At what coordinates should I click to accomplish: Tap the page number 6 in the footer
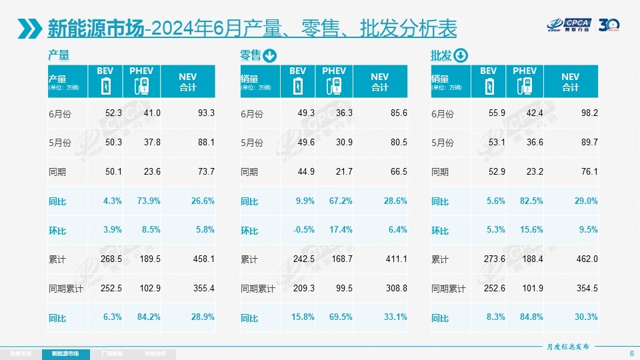(x=631, y=353)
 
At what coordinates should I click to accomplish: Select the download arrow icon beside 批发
(x=461, y=55)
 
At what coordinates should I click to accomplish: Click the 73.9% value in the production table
(x=147, y=201)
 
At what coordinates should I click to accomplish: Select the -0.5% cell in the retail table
(x=304, y=230)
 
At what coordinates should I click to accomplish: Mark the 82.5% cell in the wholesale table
(x=529, y=201)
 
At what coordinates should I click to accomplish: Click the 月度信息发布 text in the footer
(x=568, y=347)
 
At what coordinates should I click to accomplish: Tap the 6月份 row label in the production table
(x=59, y=114)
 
